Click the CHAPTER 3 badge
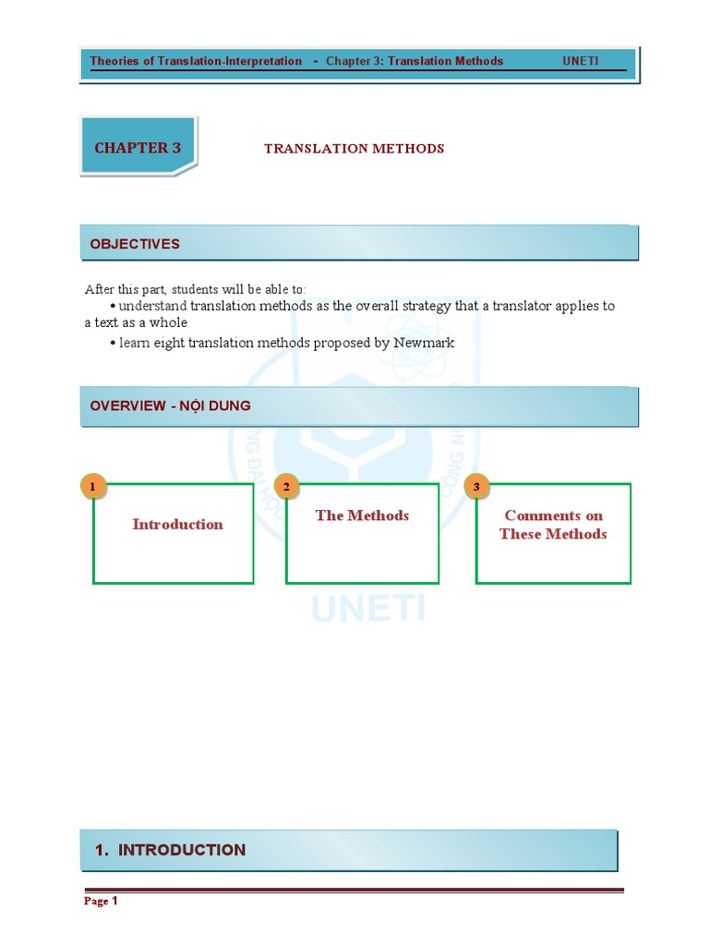(138, 148)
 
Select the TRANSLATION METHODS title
(354, 148)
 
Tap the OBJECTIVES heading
(135, 244)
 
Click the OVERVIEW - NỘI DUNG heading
(170, 406)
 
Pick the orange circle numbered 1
(92, 486)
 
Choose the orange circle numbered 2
(286, 486)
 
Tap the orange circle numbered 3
(476, 486)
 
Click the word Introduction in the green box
(177, 524)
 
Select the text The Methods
(362, 515)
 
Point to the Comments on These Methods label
(553, 525)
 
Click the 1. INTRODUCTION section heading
(170, 850)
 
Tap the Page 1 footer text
(101, 901)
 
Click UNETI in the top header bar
(581, 61)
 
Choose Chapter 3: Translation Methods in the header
(415, 61)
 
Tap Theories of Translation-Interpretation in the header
(196, 61)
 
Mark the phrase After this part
(124, 289)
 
